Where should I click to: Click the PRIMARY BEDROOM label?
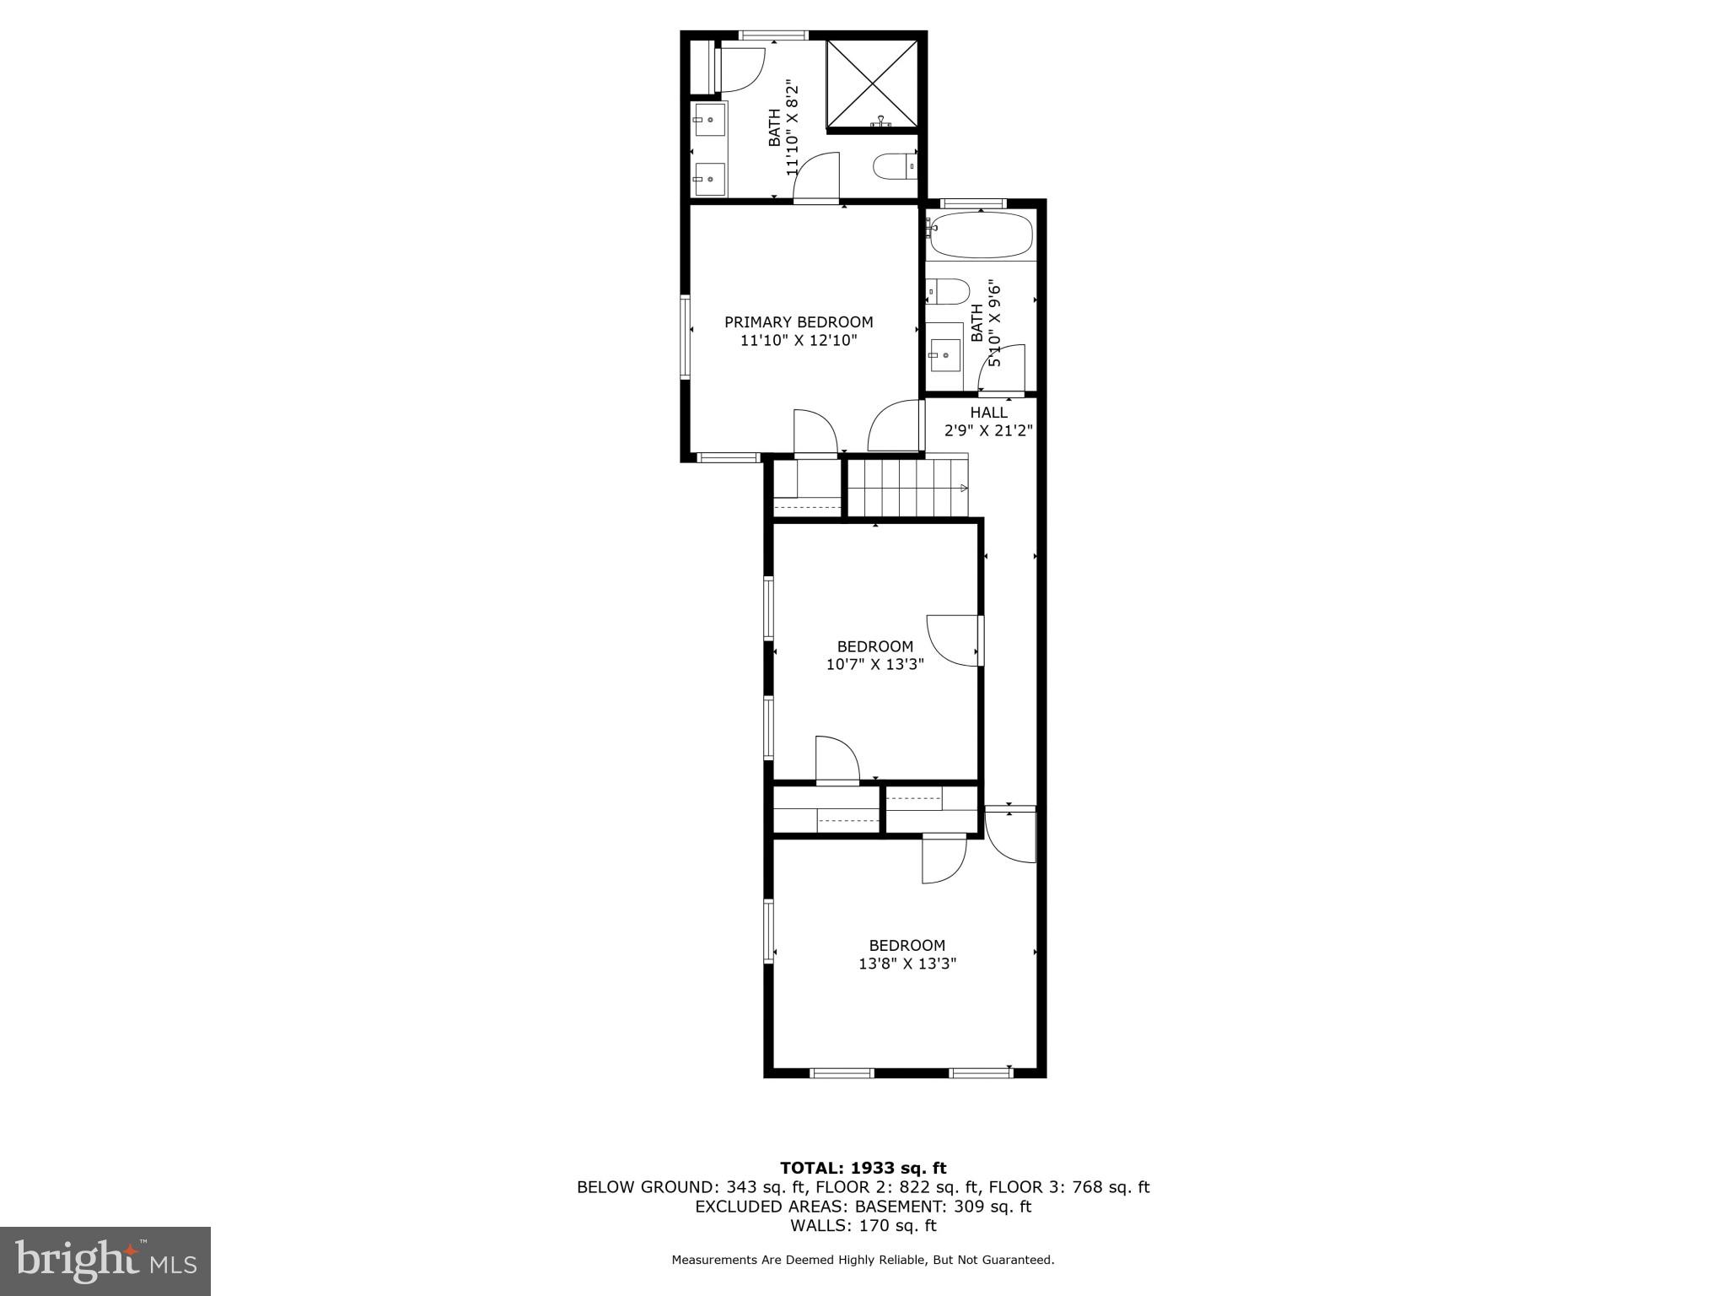click(x=799, y=321)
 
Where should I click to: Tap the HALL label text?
click(x=988, y=413)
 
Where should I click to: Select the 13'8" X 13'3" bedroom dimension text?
click(x=907, y=964)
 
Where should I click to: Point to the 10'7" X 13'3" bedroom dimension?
click(x=874, y=664)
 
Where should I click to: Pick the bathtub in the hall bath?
click(x=980, y=235)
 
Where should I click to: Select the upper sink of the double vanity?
click(x=709, y=121)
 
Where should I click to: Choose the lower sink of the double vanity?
click(x=709, y=179)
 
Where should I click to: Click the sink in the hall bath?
click(x=945, y=355)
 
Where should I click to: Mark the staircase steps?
click(x=907, y=488)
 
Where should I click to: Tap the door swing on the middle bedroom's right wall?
click(x=953, y=640)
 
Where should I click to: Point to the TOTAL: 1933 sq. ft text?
click(x=863, y=1168)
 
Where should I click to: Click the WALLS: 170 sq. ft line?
click(x=863, y=1225)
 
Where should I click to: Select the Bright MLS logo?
click(x=105, y=1261)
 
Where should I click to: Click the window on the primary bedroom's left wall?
click(x=686, y=336)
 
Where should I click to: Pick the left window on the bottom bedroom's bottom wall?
click(x=841, y=1072)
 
